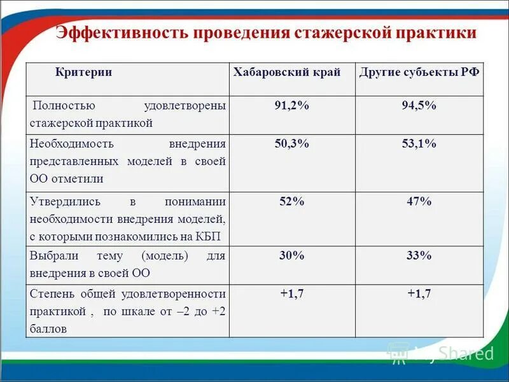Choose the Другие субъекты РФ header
click(419, 73)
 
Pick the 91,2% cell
click(291, 106)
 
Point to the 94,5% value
click(419, 106)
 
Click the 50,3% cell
click(291, 144)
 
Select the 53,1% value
click(419, 144)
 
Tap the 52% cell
click(291, 202)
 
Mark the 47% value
click(419, 202)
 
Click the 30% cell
click(291, 256)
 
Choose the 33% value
click(419, 256)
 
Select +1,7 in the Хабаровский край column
click(293, 294)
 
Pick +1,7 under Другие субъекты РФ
click(419, 294)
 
